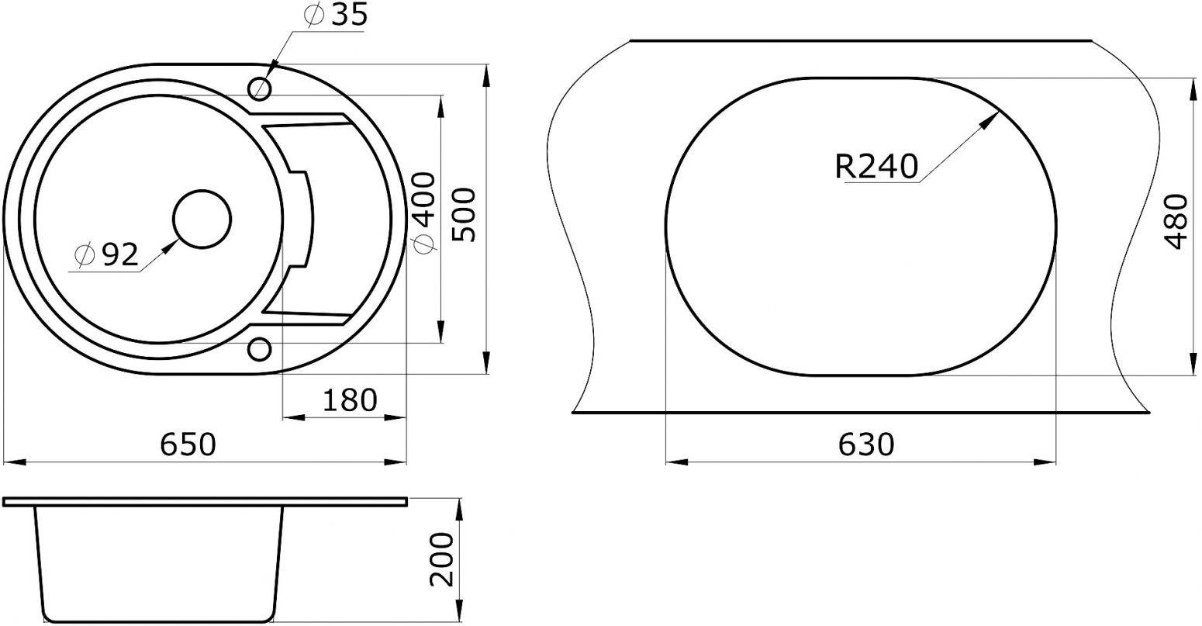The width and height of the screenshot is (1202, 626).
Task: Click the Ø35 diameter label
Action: pyautogui.click(x=335, y=15)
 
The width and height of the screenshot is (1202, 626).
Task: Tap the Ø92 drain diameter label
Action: pyautogui.click(x=107, y=254)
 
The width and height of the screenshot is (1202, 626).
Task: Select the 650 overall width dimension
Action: pyautogui.click(x=188, y=444)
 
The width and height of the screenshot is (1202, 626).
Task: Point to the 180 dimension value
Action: pyautogui.click(x=350, y=400)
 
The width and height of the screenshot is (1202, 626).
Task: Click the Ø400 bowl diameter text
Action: pyautogui.click(x=423, y=212)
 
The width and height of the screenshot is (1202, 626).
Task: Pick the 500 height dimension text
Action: pyautogui.click(x=463, y=215)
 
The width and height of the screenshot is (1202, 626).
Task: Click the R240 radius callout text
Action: pyautogui.click(x=876, y=167)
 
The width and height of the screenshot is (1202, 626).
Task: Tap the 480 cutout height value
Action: pyautogui.click(x=1176, y=221)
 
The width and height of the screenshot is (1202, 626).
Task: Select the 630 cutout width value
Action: pyautogui.click(x=866, y=444)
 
